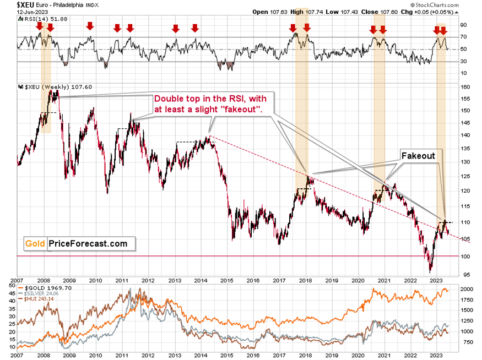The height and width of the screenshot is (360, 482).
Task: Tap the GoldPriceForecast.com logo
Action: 76,243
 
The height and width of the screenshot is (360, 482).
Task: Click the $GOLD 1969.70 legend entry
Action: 41,287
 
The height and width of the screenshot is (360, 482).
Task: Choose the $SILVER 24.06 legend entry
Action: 40,293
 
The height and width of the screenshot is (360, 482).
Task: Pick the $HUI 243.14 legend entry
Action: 39,298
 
